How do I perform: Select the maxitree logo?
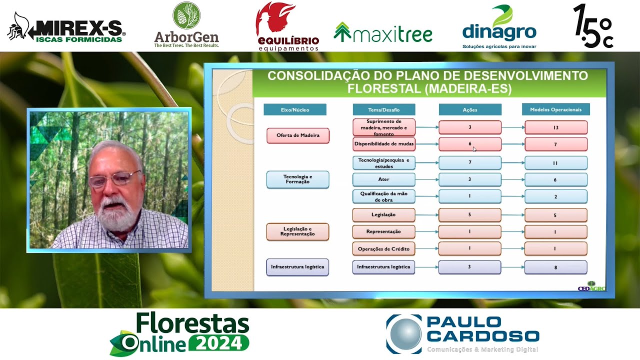click(383, 33)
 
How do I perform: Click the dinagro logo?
click(499, 27)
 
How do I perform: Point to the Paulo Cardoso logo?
click(462, 334)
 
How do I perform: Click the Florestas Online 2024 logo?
click(179, 333)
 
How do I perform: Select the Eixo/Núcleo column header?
click(295, 109)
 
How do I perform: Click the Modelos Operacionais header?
click(555, 109)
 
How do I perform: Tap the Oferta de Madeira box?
click(298, 135)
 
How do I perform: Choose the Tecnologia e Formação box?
click(298, 179)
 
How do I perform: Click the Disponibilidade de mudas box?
click(384, 144)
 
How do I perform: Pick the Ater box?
click(384, 179)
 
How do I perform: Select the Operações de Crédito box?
click(384, 248)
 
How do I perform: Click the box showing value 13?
click(556, 127)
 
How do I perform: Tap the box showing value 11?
click(556, 163)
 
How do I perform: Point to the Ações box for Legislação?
click(470, 215)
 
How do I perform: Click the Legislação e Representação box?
click(298, 231)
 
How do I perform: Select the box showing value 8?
click(556, 267)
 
